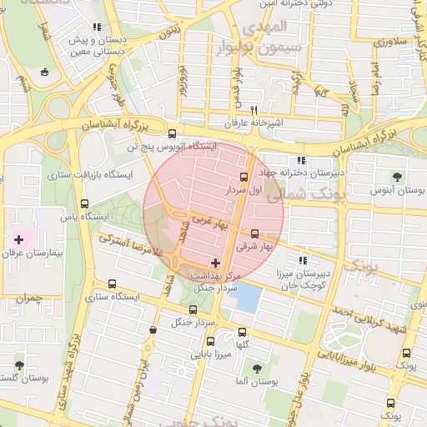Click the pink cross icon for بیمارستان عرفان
(x=19, y=239)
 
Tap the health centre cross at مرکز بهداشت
(x=215, y=263)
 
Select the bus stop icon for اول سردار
(x=244, y=177)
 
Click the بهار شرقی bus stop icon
(x=254, y=234)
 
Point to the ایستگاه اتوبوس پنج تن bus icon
(x=172, y=133)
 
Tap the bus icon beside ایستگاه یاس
(x=83, y=203)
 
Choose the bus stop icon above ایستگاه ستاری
(x=113, y=284)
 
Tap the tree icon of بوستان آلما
(x=256, y=367)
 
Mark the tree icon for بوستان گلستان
(x=19, y=365)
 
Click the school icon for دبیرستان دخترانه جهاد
(x=301, y=160)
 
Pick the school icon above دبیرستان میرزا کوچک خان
(x=303, y=260)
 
